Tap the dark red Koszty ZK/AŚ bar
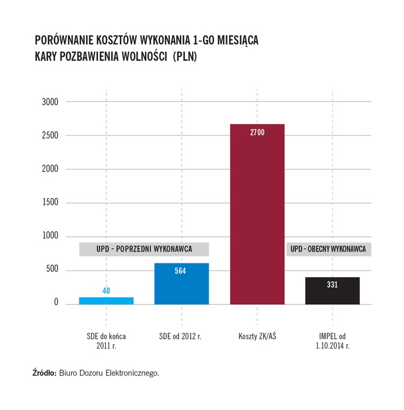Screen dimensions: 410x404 click(x=257, y=216)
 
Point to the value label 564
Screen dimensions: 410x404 click(x=181, y=271)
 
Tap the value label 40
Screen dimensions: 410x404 click(x=106, y=291)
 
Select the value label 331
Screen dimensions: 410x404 click(x=332, y=284)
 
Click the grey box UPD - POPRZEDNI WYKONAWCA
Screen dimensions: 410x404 click(x=143, y=249)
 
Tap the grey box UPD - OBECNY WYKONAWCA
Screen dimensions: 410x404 click(x=328, y=249)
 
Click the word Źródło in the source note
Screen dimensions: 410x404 click(x=44, y=373)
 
